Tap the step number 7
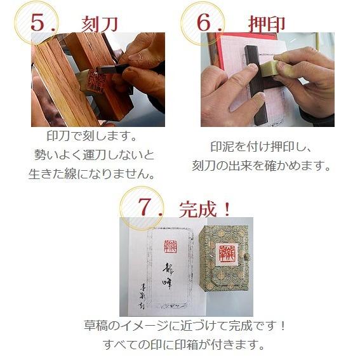click(145, 207)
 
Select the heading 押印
click(266, 24)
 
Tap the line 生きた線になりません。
click(92, 173)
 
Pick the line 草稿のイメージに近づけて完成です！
click(185, 326)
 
